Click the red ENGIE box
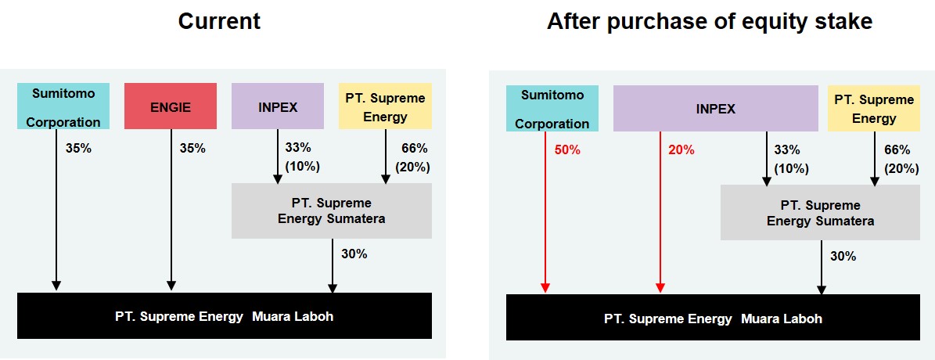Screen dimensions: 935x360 [171, 106]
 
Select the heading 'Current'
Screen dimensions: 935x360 [219, 21]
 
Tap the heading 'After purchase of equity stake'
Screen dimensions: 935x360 [710, 21]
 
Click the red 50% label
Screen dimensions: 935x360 [567, 150]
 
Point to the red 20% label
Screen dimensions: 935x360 [681, 150]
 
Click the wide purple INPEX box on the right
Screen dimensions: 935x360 [716, 109]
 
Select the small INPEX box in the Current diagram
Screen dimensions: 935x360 [278, 106]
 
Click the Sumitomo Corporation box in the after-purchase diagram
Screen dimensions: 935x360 [552, 109]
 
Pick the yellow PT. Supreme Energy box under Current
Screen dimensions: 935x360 [385, 106]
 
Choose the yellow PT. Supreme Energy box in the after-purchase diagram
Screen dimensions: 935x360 [874, 109]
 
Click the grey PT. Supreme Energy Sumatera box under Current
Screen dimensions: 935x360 [332, 211]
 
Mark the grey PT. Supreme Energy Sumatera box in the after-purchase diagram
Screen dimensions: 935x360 [821, 213]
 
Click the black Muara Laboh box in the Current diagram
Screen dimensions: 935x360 [225, 316]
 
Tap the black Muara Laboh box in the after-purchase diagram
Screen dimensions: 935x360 [713, 318]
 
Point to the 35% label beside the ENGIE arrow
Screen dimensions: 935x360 [192, 149]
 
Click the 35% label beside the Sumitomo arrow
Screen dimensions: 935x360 [79, 149]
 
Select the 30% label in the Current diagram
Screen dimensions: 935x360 [354, 254]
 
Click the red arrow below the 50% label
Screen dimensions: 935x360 [545, 212]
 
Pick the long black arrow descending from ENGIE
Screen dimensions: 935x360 [171, 210]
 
